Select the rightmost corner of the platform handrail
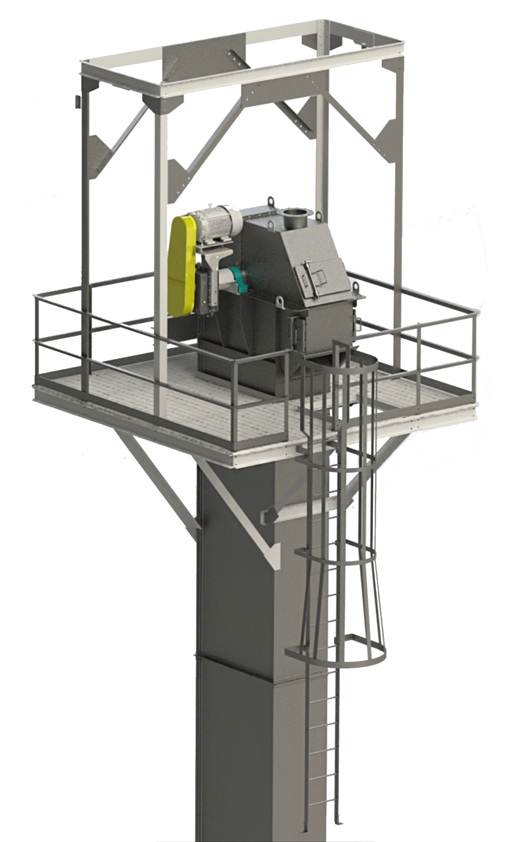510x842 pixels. pyautogui.click(x=476, y=313)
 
